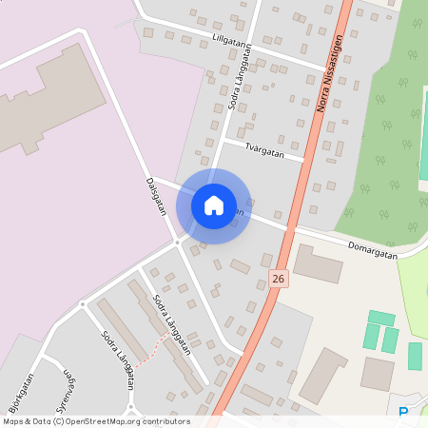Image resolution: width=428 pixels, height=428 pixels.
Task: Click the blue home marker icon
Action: coord(213,205)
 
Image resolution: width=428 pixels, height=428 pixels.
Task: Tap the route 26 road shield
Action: coord(277,279)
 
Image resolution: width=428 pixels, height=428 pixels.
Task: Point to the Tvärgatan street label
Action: coord(263,150)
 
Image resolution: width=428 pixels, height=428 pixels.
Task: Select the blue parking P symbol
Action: coord(403,412)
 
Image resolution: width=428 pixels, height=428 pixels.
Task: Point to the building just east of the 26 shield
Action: coord(318,263)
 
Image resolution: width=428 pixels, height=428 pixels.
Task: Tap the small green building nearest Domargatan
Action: coord(380,319)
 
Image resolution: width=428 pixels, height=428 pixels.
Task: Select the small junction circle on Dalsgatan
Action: coord(177,242)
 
